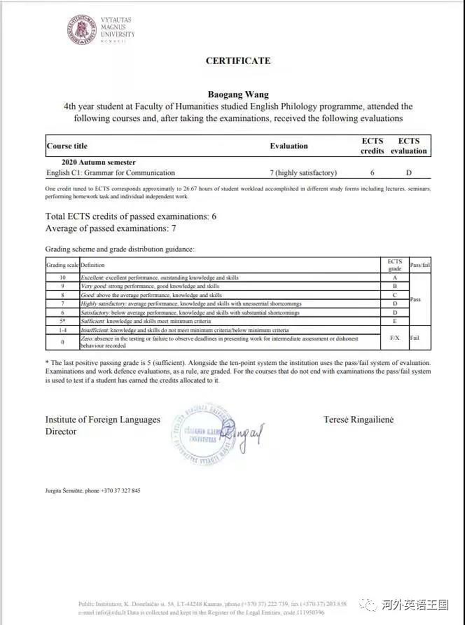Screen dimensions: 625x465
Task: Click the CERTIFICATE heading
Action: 238,61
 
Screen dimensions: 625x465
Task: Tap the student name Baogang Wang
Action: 238,95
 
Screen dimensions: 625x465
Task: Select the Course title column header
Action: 67,146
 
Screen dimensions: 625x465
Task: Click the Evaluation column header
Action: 288,146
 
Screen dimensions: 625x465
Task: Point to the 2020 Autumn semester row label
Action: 98,163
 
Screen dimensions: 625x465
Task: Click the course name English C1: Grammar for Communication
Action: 111,172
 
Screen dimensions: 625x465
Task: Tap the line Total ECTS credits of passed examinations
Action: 131,216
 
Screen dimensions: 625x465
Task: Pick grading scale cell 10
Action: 62,277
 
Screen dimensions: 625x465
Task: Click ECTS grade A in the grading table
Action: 395,277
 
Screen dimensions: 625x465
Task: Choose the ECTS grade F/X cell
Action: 395,338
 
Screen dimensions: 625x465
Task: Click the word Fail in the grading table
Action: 415,338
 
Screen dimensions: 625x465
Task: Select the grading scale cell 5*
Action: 62,321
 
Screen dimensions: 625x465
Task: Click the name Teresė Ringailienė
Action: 358,420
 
